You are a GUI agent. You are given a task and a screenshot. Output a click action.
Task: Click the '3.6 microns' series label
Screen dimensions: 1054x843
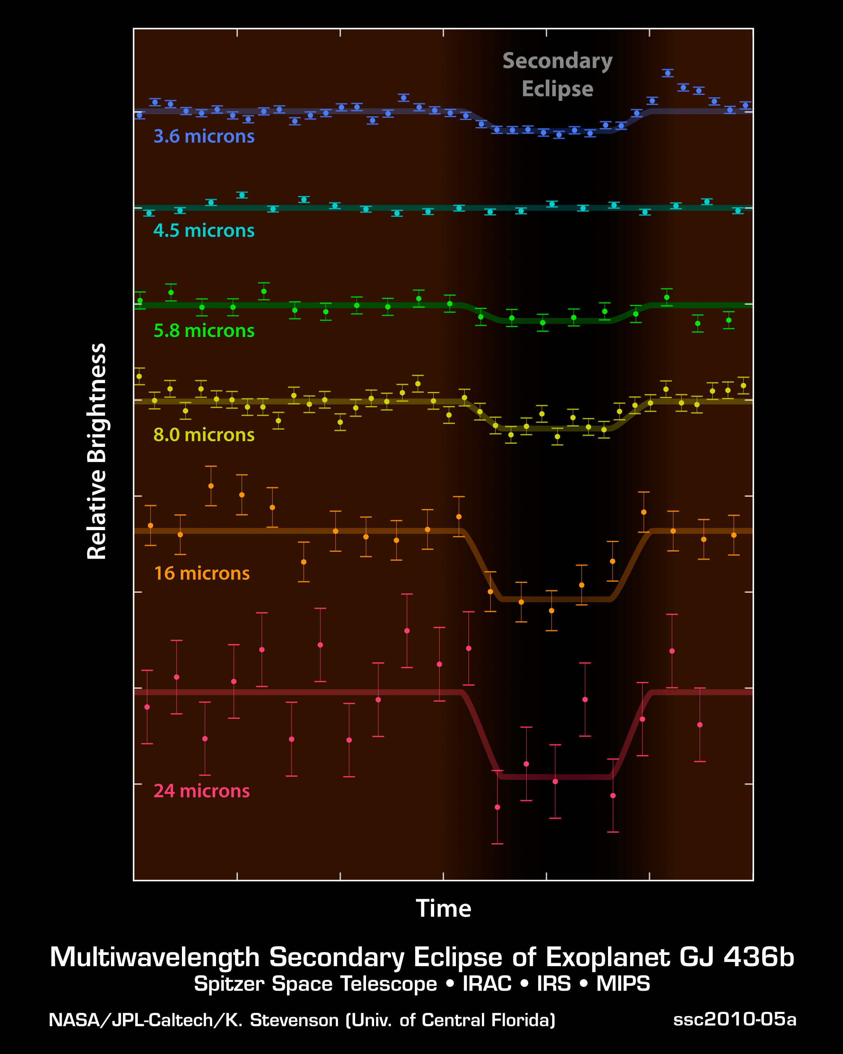coord(204,136)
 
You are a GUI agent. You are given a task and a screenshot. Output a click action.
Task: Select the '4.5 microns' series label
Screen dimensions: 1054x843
coord(204,231)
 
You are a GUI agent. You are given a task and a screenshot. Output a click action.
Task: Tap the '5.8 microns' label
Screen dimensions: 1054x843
coord(204,331)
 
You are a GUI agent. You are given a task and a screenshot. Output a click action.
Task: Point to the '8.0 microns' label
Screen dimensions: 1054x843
coord(204,435)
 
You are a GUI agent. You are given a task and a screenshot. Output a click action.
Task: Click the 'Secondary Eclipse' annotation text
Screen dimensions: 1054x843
coord(557,75)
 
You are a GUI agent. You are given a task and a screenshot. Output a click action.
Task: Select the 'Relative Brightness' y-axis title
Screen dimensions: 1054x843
coord(97,451)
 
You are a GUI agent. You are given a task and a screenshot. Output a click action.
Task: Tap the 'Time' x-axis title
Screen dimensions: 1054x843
coord(443,909)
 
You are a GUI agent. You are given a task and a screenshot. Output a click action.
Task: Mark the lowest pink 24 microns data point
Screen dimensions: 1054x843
coord(497,807)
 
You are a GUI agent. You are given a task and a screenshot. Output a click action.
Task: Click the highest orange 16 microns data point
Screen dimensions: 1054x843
coord(211,486)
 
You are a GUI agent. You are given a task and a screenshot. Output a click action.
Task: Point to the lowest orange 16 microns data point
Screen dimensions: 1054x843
coord(551,611)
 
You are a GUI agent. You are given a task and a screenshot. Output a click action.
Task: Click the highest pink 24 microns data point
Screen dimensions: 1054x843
coord(407,631)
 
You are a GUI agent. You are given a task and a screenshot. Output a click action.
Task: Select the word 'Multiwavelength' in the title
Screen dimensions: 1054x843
coord(155,957)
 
